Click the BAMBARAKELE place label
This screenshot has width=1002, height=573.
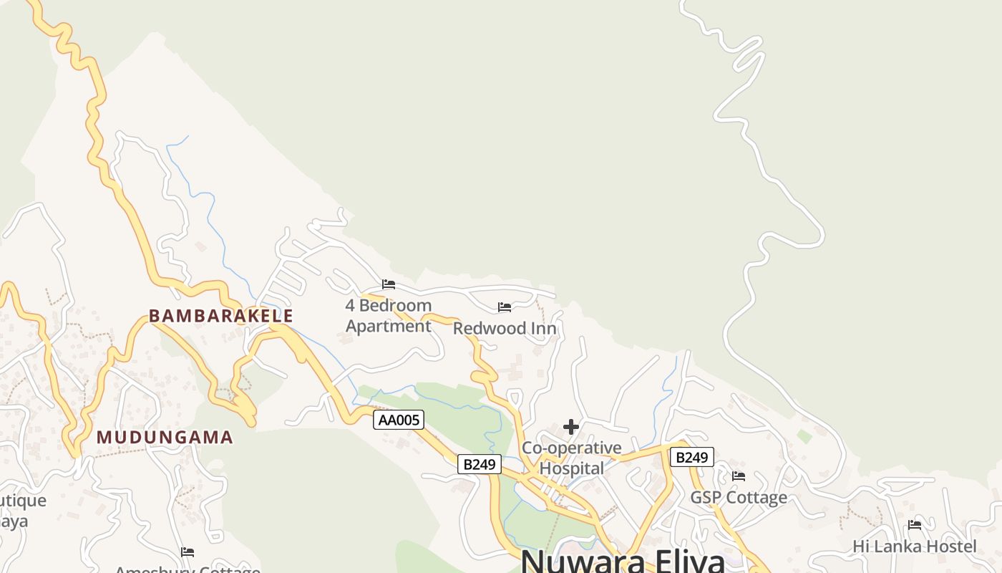click(220, 316)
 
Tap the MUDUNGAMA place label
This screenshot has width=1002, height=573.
click(165, 437)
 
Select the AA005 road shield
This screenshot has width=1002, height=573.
click(399, 420)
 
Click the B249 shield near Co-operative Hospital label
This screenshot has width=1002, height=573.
click(479, 464)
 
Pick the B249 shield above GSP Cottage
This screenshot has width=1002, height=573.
click(691, 457)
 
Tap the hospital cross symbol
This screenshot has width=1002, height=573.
click(570, 428)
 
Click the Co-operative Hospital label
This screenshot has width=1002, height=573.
click(572, 458)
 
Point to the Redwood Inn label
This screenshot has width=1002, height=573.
click(505, 329)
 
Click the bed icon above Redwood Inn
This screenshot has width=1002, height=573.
click(505, 307)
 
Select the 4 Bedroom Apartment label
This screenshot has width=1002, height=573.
click(389, 316)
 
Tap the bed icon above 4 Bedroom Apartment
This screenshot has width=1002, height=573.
click(389, 284)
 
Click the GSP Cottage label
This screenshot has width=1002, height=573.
click(738, 498)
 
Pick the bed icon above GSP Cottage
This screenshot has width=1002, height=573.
click(739, 476)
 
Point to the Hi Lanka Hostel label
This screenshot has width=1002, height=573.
click(914, 546)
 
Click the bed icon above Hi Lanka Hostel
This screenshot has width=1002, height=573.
click(914, 525)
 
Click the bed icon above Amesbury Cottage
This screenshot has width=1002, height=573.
click(188, 552)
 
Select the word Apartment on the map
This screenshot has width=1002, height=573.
click(389, 327)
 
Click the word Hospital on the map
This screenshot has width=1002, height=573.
click(572, 468)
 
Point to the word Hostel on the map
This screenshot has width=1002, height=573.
click(950, 546)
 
